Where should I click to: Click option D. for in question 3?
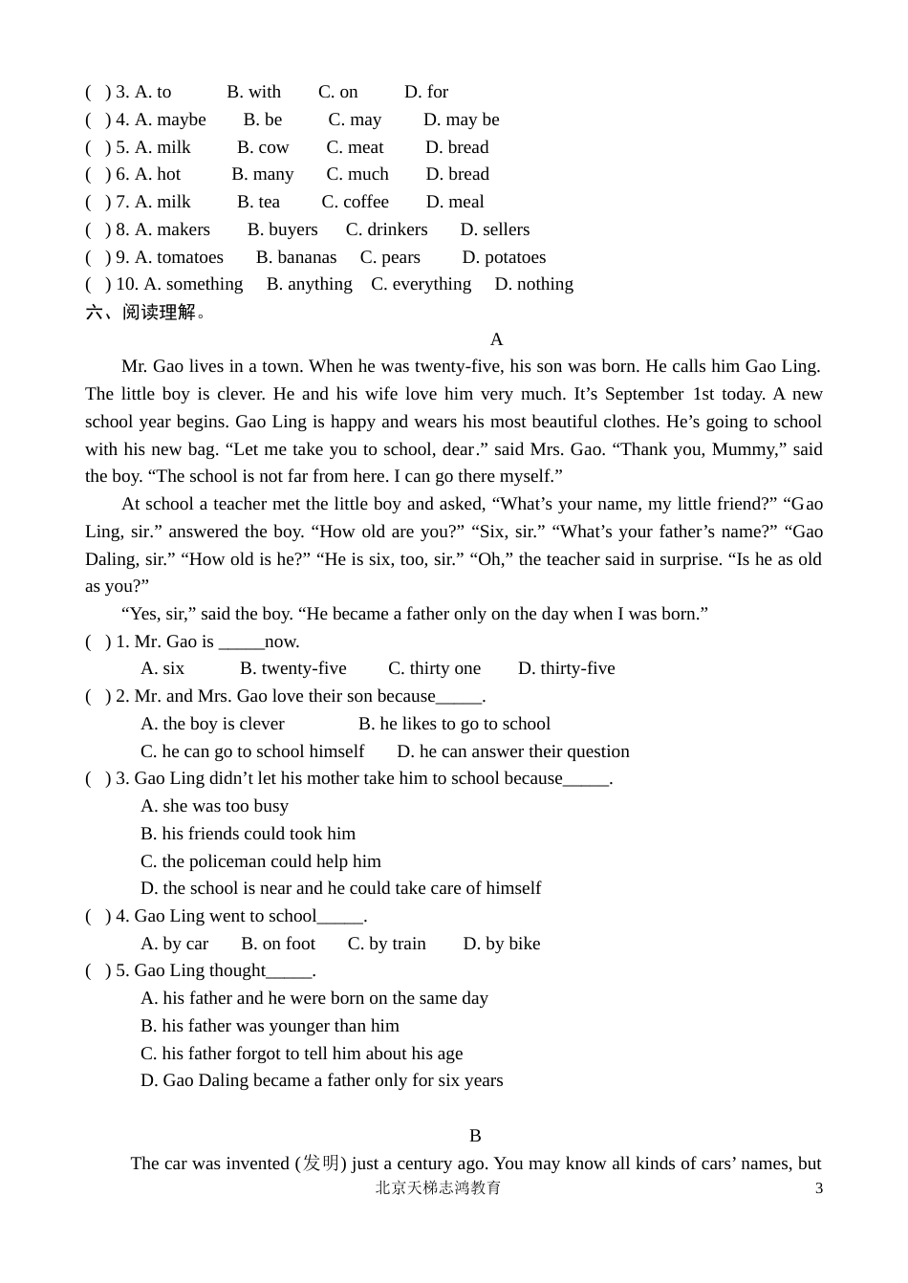coord(425,92)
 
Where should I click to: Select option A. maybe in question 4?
coord(170,120)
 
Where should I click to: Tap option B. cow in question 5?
coord(263,147)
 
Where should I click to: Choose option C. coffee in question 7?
coord(355,202)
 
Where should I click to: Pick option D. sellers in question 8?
coord(494,229)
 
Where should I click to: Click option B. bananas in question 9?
coord(296,257)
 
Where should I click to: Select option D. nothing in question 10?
coord(533,284)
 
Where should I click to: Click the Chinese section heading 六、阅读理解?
coord(145,312)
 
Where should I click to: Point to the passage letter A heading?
coord(496,339)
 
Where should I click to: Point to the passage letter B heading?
coord(475,1136)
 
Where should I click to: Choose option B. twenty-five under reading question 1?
coord(292,668)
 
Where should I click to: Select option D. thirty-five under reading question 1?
coord(566,668)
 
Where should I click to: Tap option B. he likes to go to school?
coord(454,724)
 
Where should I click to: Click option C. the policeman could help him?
coord(260,861)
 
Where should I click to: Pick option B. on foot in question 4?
coord(278,944)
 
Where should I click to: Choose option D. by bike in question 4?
coord(501,944)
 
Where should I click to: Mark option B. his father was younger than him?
coord(270,1026)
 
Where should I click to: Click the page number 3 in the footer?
coord(818,1188)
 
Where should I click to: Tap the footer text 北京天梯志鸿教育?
coord(438,1188)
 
